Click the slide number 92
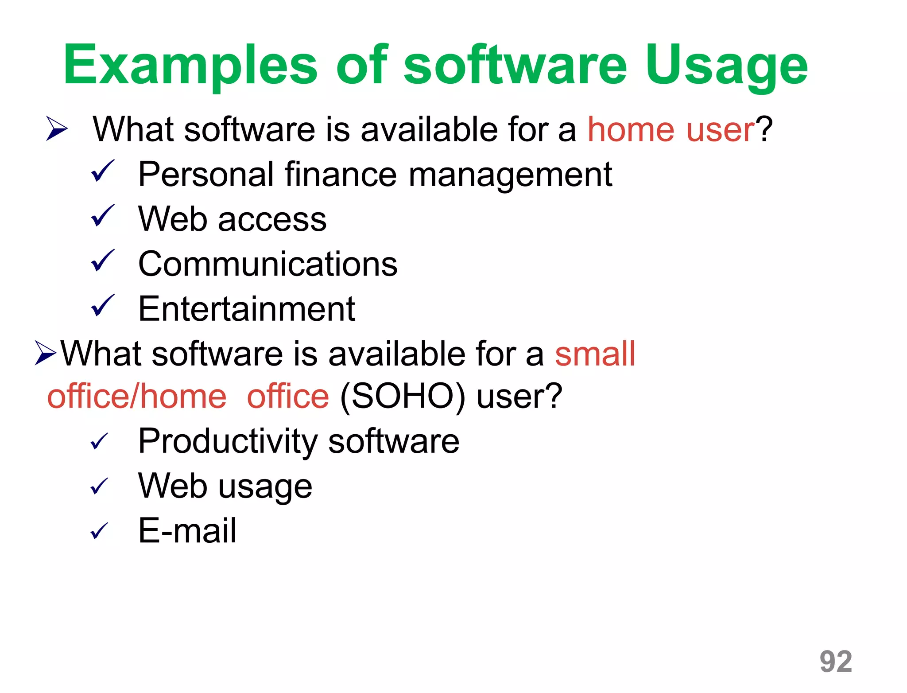coord(836,662)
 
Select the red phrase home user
coord(671,129)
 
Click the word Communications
coord(268,264)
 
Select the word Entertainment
coord(247,309)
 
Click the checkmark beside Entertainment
coord(102,306)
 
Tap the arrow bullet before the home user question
coord(57,129)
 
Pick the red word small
coord(595,354)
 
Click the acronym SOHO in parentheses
coord(402,396)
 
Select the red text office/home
coord(137,396)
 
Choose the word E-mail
coord(187,531)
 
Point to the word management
coord(510,175)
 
